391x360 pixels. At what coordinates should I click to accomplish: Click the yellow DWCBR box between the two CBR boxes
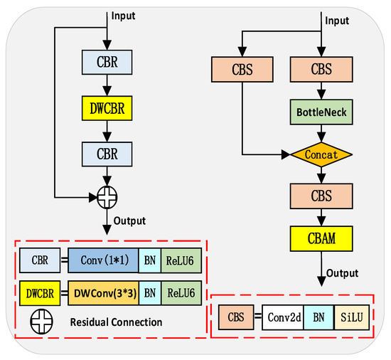(106, 110)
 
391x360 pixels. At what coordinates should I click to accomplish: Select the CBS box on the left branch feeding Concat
(242, 71)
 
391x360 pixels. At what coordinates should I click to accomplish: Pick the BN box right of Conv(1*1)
(149, 262)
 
